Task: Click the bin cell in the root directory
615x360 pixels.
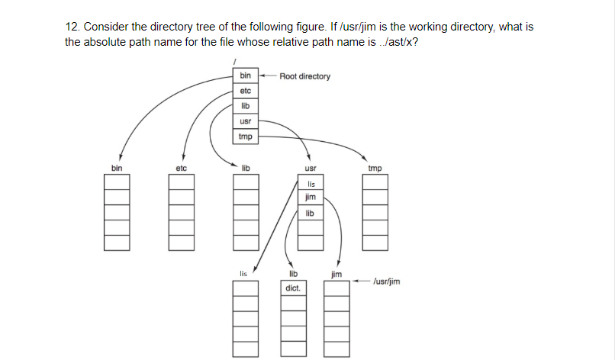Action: [245, 76]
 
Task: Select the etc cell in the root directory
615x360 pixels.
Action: [245, 91]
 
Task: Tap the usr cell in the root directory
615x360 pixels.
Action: [245, 121]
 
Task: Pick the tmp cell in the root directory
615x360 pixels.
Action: [245, 137]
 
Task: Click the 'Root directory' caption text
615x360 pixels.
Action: [304, 76]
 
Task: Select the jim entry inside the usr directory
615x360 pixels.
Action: [310, 198]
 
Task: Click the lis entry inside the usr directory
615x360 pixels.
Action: [310, 184]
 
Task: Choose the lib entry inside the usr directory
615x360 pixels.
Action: [310, 213]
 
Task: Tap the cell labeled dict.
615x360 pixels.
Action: [293, 289]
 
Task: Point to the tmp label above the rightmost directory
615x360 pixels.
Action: [375, 167]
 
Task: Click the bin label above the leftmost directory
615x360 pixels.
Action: [116, 167]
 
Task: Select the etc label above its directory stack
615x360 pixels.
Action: [181, 167]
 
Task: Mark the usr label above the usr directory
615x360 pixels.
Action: [310, 167]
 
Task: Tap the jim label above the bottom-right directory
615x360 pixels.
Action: [336, 272]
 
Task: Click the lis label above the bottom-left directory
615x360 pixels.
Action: [243, 272]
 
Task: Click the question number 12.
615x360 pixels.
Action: [72, 27]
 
